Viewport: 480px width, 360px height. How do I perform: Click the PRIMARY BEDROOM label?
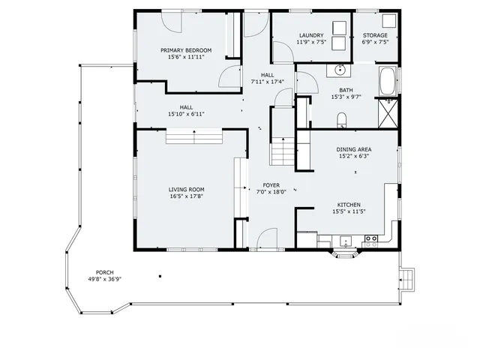[x=186, y=50]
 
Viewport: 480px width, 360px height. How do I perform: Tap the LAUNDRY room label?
[x=310, y=35]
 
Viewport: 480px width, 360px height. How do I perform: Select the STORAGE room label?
[x=375, y=35]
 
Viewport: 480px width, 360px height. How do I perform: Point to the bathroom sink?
[x=340, y=70]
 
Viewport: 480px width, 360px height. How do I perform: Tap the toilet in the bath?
[x=341, y=119]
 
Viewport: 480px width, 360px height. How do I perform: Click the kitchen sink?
[x=345, y=241]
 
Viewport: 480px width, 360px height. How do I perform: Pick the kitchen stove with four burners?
[x=370, y=240]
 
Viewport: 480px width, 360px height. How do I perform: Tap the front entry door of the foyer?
[x=267, y=241]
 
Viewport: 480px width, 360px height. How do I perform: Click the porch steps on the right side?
[x=407, y=280]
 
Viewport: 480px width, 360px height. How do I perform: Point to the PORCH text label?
[x=104, y=271]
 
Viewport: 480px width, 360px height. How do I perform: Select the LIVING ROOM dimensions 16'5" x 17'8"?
[x=186, y=197]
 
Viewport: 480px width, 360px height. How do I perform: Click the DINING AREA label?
[x=354, y=149]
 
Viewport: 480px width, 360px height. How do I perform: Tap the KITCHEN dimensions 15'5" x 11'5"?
[x=349, y=211]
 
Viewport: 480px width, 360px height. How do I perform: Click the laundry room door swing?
[x=283, y=53]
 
